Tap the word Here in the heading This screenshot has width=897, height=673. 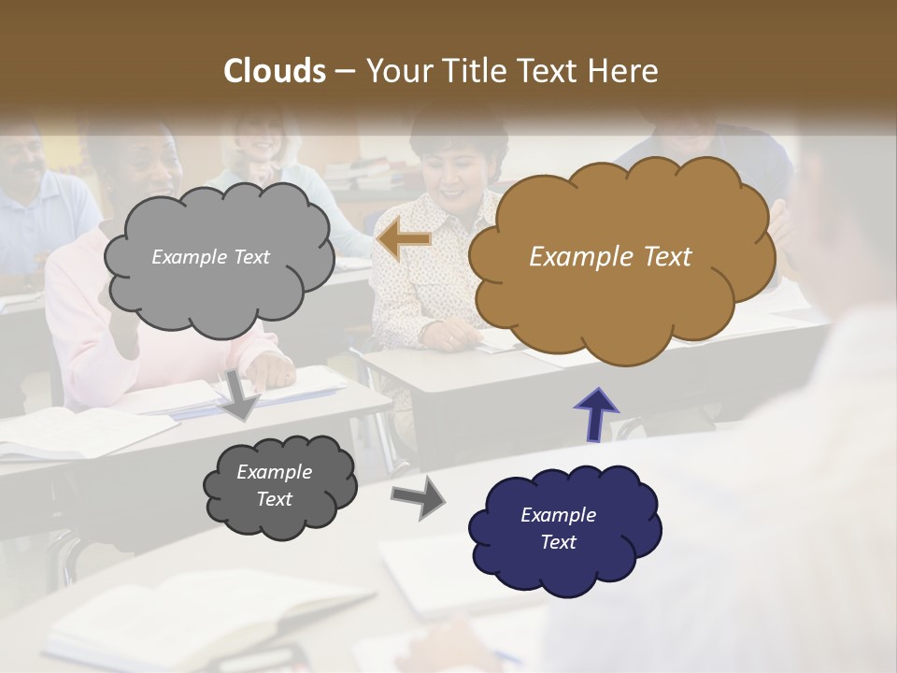[x=625, y=71]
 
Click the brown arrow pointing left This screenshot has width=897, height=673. [x=405, y=239]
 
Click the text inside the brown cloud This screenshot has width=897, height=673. [x=610, y=257]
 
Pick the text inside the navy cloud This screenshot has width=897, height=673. [x=558, y=528]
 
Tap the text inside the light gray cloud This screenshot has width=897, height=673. [x=210, y=257]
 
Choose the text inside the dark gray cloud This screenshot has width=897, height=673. [x=274, y=485]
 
